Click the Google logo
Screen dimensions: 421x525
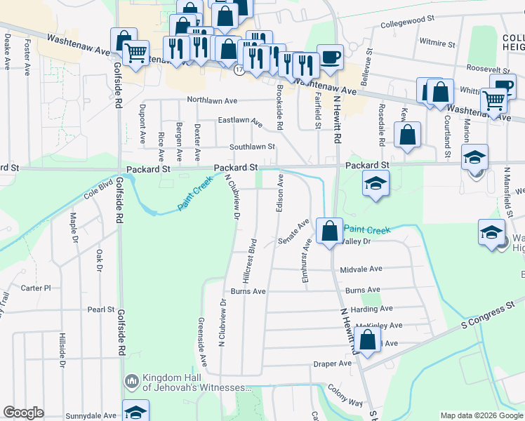point(24,413)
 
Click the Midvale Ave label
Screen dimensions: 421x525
point(361,269)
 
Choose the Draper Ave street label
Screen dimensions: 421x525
point(332,363)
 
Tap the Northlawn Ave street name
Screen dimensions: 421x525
point(212,100)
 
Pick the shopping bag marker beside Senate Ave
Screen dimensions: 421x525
point(329,230)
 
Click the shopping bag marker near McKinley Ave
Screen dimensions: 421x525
point(367,340)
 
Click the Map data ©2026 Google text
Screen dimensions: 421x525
point(481,415)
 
